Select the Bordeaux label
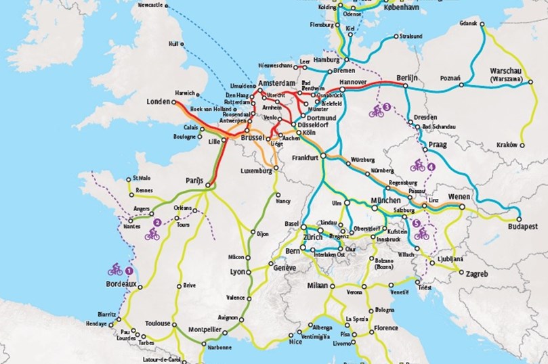[x=122, y=285]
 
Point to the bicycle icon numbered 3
[x=377, y=110]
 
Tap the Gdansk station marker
[x=482, y=24]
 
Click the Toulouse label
[x=158, y=324]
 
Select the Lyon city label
[x=237, y=271]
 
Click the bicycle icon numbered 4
[x=418, y=166]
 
